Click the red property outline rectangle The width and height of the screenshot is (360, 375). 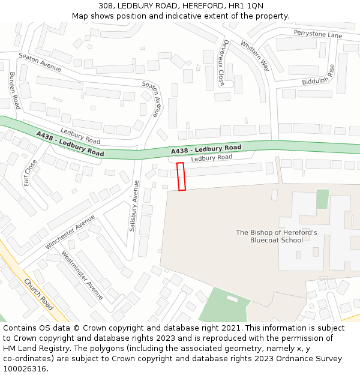(181, 176)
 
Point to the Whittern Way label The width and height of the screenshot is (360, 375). (255, 56)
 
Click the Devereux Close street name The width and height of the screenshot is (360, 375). (222, 63)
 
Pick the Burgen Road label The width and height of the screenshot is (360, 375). (14, 90)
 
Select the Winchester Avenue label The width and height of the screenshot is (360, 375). (70, 232)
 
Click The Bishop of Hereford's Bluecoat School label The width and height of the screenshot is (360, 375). (277, 236)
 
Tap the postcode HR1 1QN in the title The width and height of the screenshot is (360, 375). (247, 6)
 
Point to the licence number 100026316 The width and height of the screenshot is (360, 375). (25, 369)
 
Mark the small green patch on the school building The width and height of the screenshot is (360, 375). (323, 199)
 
